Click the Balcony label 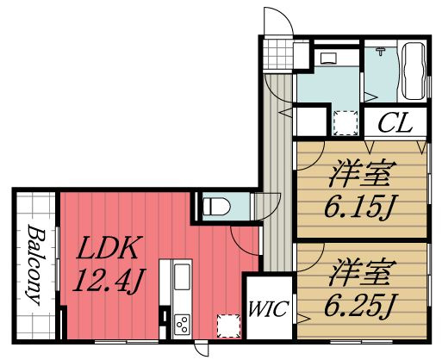tap(36, 264)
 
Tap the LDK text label tap(107, 248)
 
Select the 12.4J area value tap(109, 280)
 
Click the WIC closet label tap(268, 309)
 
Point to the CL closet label tap(395, 122)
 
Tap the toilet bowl tap(216, 207)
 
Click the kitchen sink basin tap(182, 276)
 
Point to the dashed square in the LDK tap(228, 326)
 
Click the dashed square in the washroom tap(346, 123)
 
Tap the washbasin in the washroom tap(328, 58)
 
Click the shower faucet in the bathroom tap(381, 51)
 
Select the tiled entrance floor tap(277, 54)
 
